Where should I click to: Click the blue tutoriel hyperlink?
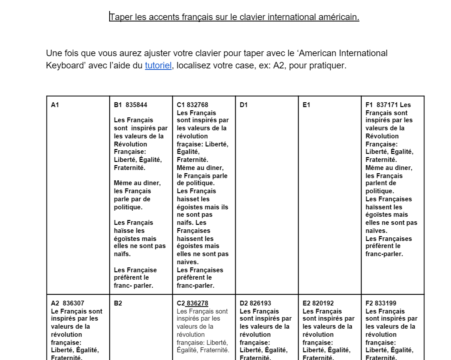[158, 65]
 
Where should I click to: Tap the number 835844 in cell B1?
[136, 105]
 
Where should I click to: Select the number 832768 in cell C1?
[197, 105]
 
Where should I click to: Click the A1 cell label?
[55, 105]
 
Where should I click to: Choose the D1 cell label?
[244, 105]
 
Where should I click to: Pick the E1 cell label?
[306, 105]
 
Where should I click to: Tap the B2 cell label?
[118, 303]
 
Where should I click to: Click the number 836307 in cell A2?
[73, 303]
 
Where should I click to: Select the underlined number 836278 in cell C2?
[197, 303]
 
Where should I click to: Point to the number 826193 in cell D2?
[260, 303]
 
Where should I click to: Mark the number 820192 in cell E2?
[323, 303]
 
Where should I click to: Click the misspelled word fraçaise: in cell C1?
[190, 144]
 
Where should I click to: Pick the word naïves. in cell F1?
[376, 231]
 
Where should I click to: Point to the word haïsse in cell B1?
[125, 231]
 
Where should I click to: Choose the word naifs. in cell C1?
[185, 223]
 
